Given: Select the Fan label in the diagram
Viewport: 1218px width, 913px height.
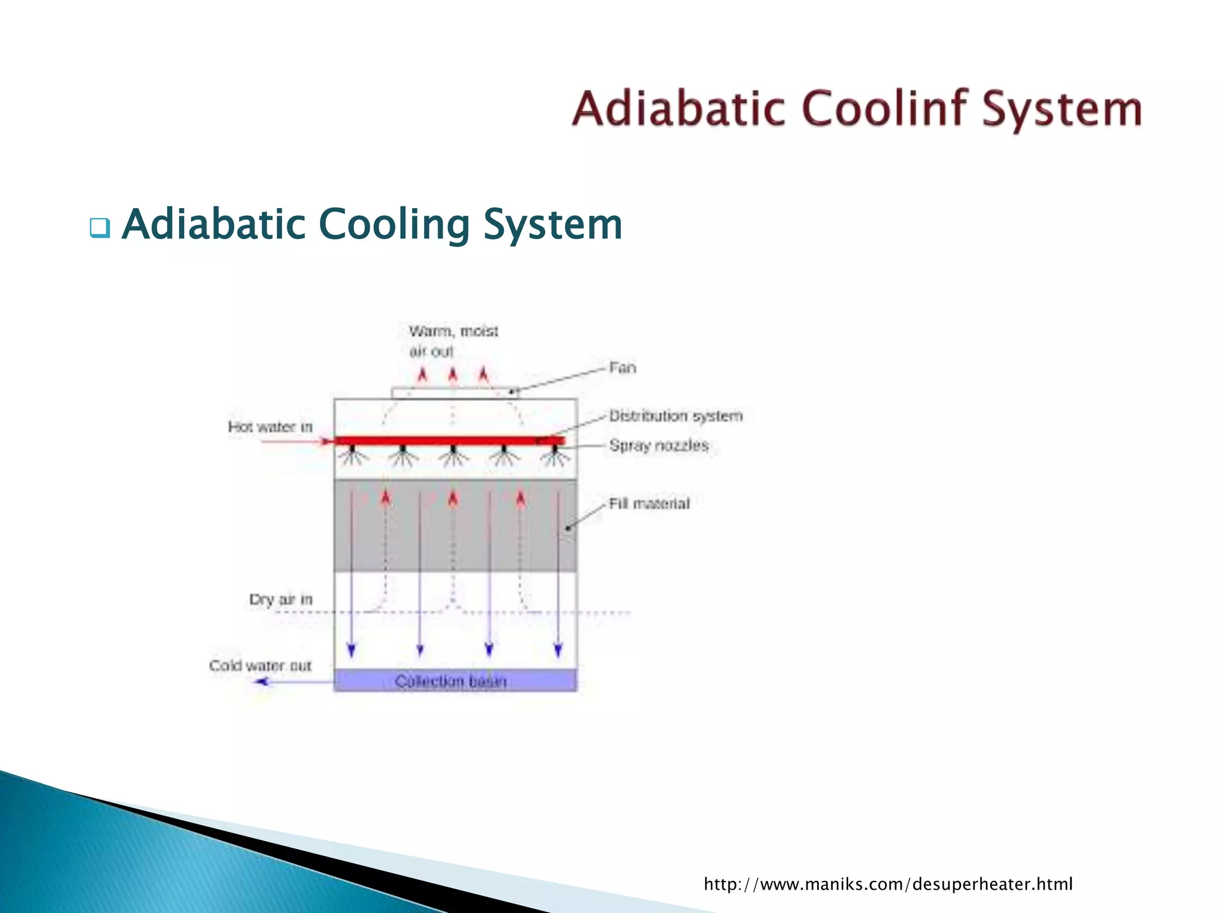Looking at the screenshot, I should (x=623, y=368).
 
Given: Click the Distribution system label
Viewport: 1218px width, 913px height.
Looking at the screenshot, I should (x=676, y=415).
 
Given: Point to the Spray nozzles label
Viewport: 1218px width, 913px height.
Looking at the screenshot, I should (x=659, y=445).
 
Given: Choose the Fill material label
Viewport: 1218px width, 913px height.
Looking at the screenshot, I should (x=649, y=503).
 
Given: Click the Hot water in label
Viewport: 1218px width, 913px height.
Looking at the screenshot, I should (x=270, y=427).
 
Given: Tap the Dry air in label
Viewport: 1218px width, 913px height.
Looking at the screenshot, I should (x=281, y=599).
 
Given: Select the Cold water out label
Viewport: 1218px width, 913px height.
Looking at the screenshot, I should (x=260, y=666).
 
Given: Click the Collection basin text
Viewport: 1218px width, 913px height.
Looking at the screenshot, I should (x=451, y=681).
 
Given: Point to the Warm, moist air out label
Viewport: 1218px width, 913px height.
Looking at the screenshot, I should (x=453, y=341).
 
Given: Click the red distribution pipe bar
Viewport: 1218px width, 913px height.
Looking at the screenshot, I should (x=449, y=440).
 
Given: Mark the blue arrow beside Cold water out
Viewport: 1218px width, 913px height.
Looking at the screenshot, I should (x=262, y=682).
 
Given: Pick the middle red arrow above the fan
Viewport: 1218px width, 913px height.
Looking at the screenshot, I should (x=453, y=375).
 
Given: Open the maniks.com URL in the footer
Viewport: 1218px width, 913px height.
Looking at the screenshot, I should (x=888, y=884).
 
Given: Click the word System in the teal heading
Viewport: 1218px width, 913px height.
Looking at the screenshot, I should (x=553, y=225).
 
